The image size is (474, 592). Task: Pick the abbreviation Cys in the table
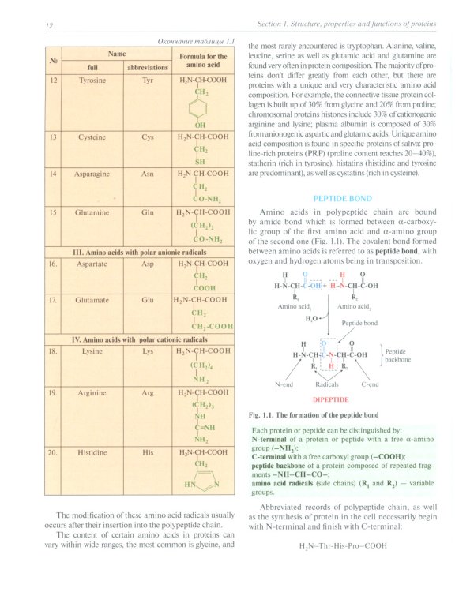[x=147, y=137]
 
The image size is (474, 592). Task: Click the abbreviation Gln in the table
[x=147, y=212]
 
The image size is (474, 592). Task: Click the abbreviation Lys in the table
[x=147, y=350]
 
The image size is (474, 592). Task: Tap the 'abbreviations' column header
[x=147, y=68]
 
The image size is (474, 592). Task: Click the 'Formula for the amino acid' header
[x=203, y=62]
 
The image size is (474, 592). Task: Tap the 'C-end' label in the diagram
[x=370, y=384]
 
